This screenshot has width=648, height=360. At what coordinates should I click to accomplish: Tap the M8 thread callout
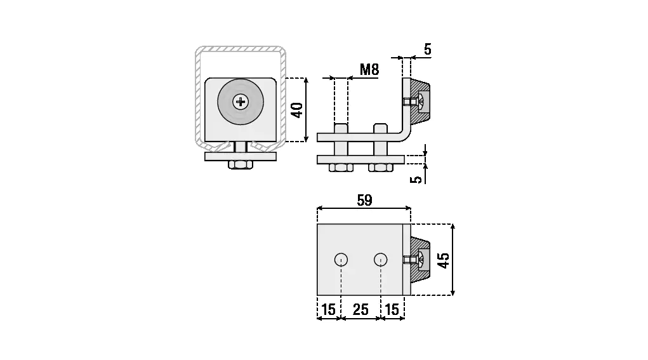click(x=369, y=69)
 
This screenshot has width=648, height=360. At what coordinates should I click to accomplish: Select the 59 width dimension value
click(x=364, y=200)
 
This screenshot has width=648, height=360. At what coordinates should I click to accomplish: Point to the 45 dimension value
click(x=444, y=260)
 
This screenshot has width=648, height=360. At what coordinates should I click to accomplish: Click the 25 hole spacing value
click(x=360, y=309)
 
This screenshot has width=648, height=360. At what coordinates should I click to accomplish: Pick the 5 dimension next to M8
click(x=427, y=49)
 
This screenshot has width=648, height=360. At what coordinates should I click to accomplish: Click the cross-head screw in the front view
click(x=241, y=101)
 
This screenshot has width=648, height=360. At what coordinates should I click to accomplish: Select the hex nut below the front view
click(x=241, y=165)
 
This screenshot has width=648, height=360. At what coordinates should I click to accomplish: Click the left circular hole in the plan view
click(x=341, y=259)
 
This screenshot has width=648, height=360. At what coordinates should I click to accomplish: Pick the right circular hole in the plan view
click(x=380, y=259)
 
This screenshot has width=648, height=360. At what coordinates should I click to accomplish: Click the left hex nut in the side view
click(x=341, y=168)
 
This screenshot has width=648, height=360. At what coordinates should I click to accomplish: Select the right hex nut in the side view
click(x=381, y=168)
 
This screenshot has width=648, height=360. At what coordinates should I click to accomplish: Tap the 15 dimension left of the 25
click(x=329, y=309)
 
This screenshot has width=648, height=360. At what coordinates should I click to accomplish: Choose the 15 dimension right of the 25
click(x=392, y=309)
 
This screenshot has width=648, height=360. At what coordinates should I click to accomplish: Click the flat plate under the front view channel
click(x=241, y=156)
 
